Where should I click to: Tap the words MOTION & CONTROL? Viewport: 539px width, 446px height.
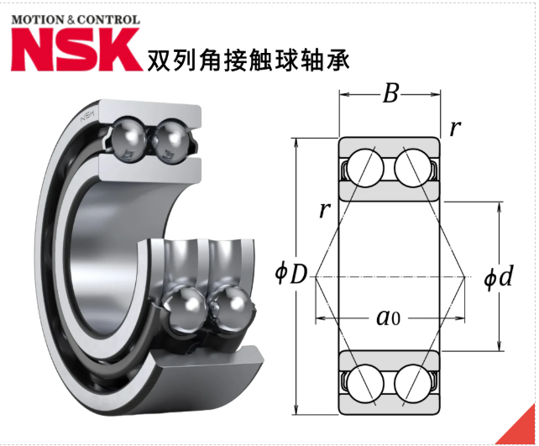(x=76, y=18)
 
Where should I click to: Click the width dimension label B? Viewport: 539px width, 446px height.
(x=390, y=93)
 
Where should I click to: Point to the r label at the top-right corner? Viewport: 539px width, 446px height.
(x=455, y=129)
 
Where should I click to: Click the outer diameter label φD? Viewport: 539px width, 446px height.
(x=290, y=274)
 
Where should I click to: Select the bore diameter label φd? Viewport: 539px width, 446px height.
(x=498, y=277)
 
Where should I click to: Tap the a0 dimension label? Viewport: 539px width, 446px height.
(x=387, y=317)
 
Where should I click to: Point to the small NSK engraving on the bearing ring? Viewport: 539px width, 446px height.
(x=87, y=118)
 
